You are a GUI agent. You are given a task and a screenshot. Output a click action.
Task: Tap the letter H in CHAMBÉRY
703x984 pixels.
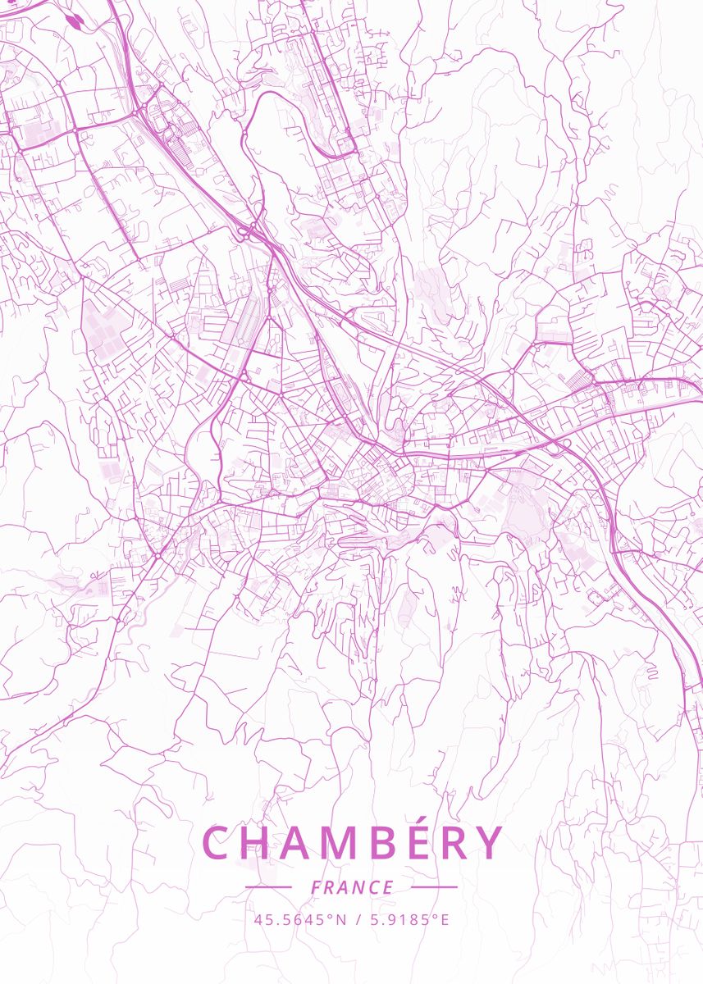259,843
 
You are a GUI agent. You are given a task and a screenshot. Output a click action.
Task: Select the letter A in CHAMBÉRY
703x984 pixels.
302,843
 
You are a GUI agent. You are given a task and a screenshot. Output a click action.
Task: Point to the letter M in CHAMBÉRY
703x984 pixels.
349,843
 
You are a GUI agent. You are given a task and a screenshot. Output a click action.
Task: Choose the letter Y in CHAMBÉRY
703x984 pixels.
490,843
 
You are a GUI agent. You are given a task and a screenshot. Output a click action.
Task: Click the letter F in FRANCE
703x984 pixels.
316,887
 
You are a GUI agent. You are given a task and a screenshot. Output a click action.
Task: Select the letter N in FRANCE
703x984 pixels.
358,887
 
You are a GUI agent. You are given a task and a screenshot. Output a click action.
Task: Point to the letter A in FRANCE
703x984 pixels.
344,887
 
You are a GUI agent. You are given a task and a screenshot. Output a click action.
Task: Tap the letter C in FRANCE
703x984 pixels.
374,887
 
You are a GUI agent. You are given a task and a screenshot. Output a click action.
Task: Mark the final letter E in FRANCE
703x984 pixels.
389,887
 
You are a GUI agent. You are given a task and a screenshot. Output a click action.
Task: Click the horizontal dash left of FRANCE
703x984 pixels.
267,886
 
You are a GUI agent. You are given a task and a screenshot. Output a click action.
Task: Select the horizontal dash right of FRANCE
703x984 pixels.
434,886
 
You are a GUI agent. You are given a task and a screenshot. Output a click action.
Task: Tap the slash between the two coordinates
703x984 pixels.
358,919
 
